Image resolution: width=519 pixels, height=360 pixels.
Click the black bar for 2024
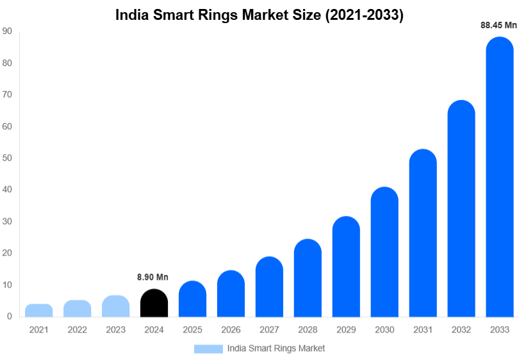click(x=154, y=303)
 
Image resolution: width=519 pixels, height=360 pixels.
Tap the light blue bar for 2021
click(x=39, y=311)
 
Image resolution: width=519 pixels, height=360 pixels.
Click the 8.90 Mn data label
click(x=152, y=277)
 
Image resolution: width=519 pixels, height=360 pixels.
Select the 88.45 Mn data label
click(x=498, y=26)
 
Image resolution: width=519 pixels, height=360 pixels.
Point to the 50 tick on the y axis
click(x=7, y=158)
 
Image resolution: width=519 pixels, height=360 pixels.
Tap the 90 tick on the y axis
click(x=7, y=31)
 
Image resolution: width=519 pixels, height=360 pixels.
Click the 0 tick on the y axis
click(x=10, y=316)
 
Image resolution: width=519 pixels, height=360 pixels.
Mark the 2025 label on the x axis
click(x=192, y=330)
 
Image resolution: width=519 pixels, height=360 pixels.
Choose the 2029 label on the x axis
click(x=346, y=330)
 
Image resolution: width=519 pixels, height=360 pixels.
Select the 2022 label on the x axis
click(x=77, y=330)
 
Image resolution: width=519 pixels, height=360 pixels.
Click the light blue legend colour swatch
click(x=208, y=348)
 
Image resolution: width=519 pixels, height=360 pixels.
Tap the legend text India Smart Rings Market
click(x=276, y=348)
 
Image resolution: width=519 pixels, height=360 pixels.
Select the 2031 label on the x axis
click(x=423, y=330)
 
